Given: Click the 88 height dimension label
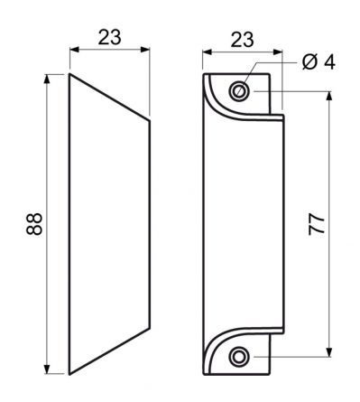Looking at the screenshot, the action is tap(34, 224).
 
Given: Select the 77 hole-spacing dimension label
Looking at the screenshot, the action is tap(317, 224).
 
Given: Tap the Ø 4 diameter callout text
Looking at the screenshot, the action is tap(318, 62).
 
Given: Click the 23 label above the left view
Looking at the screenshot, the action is tap(109, 37).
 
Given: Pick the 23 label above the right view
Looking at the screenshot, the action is tap(243, 40).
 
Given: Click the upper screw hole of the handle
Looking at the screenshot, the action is tap(239, 90).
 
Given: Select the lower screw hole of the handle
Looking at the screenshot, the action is tap(239, 357).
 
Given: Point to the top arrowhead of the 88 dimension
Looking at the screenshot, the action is tap(46, 79).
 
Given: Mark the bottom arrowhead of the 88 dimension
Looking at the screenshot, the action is tap(46, 369).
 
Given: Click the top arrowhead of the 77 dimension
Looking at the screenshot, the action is tap(329, 96).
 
